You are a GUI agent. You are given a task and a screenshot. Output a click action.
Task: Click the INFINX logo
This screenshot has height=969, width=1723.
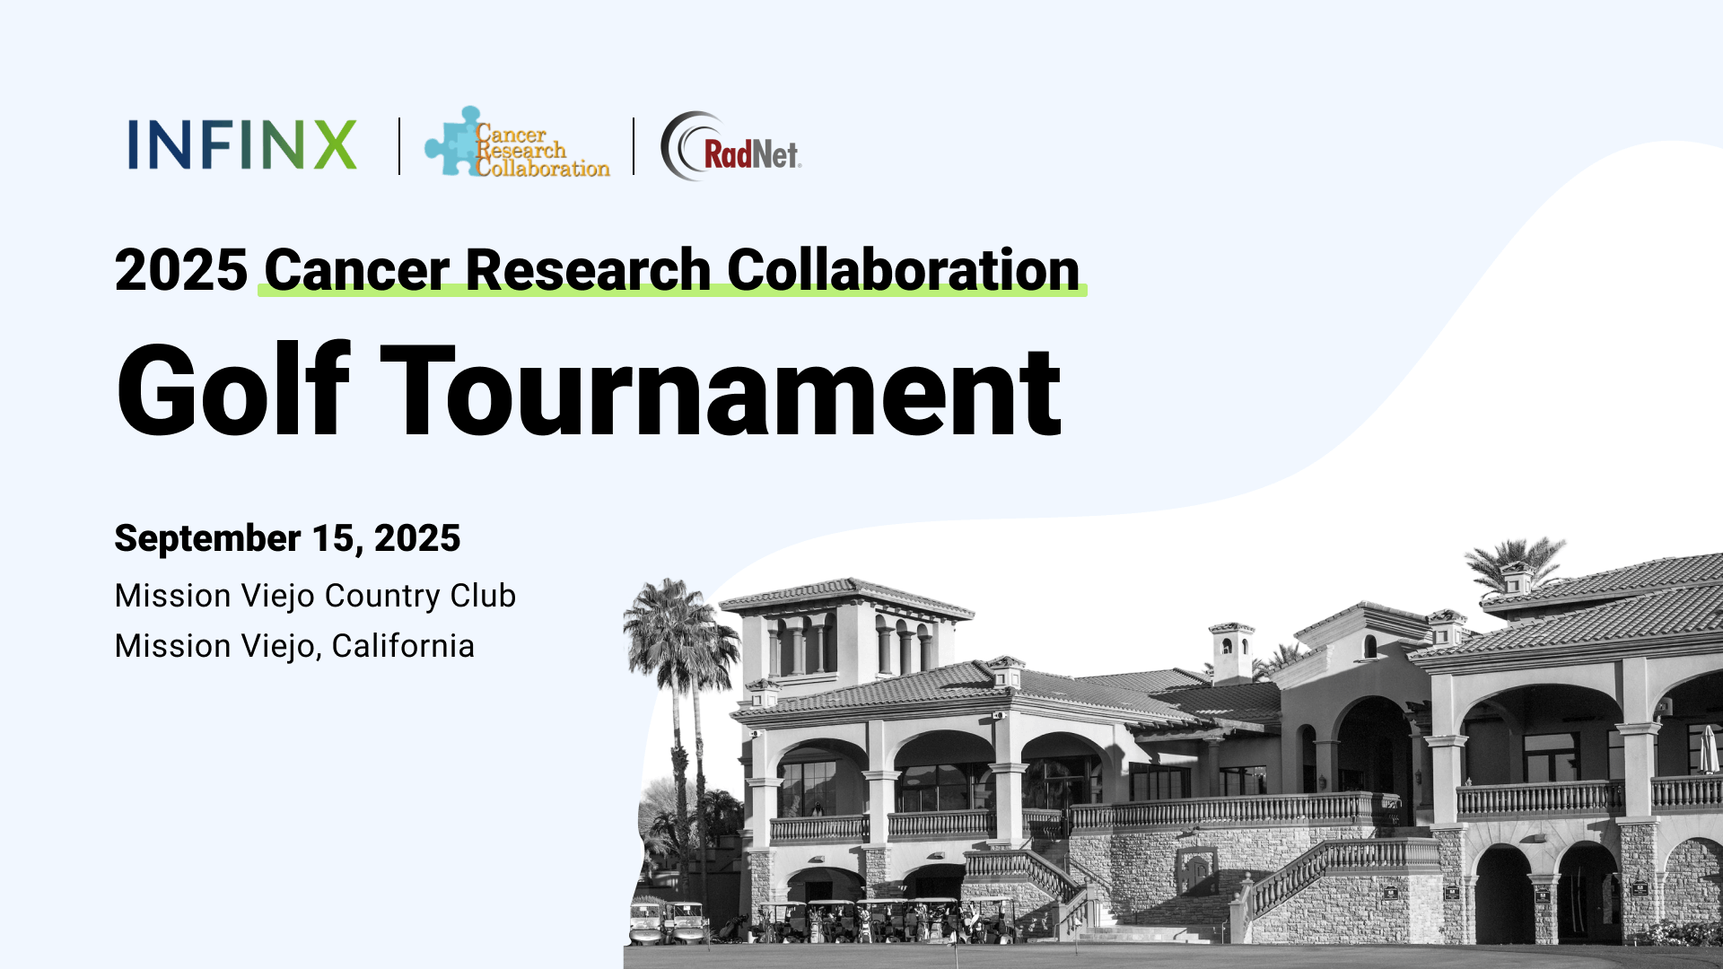(242, 144)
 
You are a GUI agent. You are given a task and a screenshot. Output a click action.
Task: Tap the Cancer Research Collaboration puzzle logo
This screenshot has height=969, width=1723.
(517, 142)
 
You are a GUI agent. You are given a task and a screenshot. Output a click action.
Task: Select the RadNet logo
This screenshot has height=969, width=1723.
(730, 146)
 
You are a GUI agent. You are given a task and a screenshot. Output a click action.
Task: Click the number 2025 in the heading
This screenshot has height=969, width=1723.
(181, 269)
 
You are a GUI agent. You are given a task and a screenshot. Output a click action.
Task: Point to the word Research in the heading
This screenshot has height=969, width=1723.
(589, 269)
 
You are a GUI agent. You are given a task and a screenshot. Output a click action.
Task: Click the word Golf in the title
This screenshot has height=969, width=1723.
(232, 390)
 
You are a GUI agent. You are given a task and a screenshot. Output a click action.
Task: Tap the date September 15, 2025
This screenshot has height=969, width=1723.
(287, 538)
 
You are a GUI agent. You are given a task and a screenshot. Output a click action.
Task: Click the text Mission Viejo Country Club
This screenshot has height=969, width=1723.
(315, 596)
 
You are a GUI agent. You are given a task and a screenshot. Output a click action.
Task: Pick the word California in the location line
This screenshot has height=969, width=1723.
(403, 646)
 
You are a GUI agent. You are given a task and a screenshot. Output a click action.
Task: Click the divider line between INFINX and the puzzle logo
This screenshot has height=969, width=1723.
(399, 145)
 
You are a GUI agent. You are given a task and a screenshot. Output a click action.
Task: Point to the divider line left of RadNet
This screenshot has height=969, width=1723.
(634, 145)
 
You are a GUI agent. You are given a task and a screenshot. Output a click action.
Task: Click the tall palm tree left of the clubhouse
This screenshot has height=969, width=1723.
(678, 718)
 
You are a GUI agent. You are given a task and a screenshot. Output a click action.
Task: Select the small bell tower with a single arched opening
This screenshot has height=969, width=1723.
(1232, 651)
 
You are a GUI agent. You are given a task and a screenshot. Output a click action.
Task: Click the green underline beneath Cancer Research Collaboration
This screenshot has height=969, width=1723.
(672, 290)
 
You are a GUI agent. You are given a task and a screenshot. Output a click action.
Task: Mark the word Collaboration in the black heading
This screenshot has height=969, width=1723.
(904, 269)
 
